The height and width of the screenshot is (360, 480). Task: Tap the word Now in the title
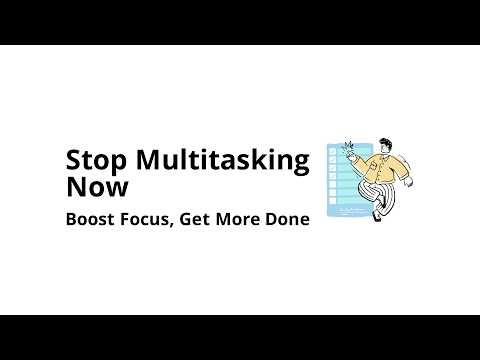click(x=91, y=187)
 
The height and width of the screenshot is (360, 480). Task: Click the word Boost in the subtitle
click(x=88, y=218)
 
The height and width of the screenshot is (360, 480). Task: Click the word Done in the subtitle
click(x=285, y=218)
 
